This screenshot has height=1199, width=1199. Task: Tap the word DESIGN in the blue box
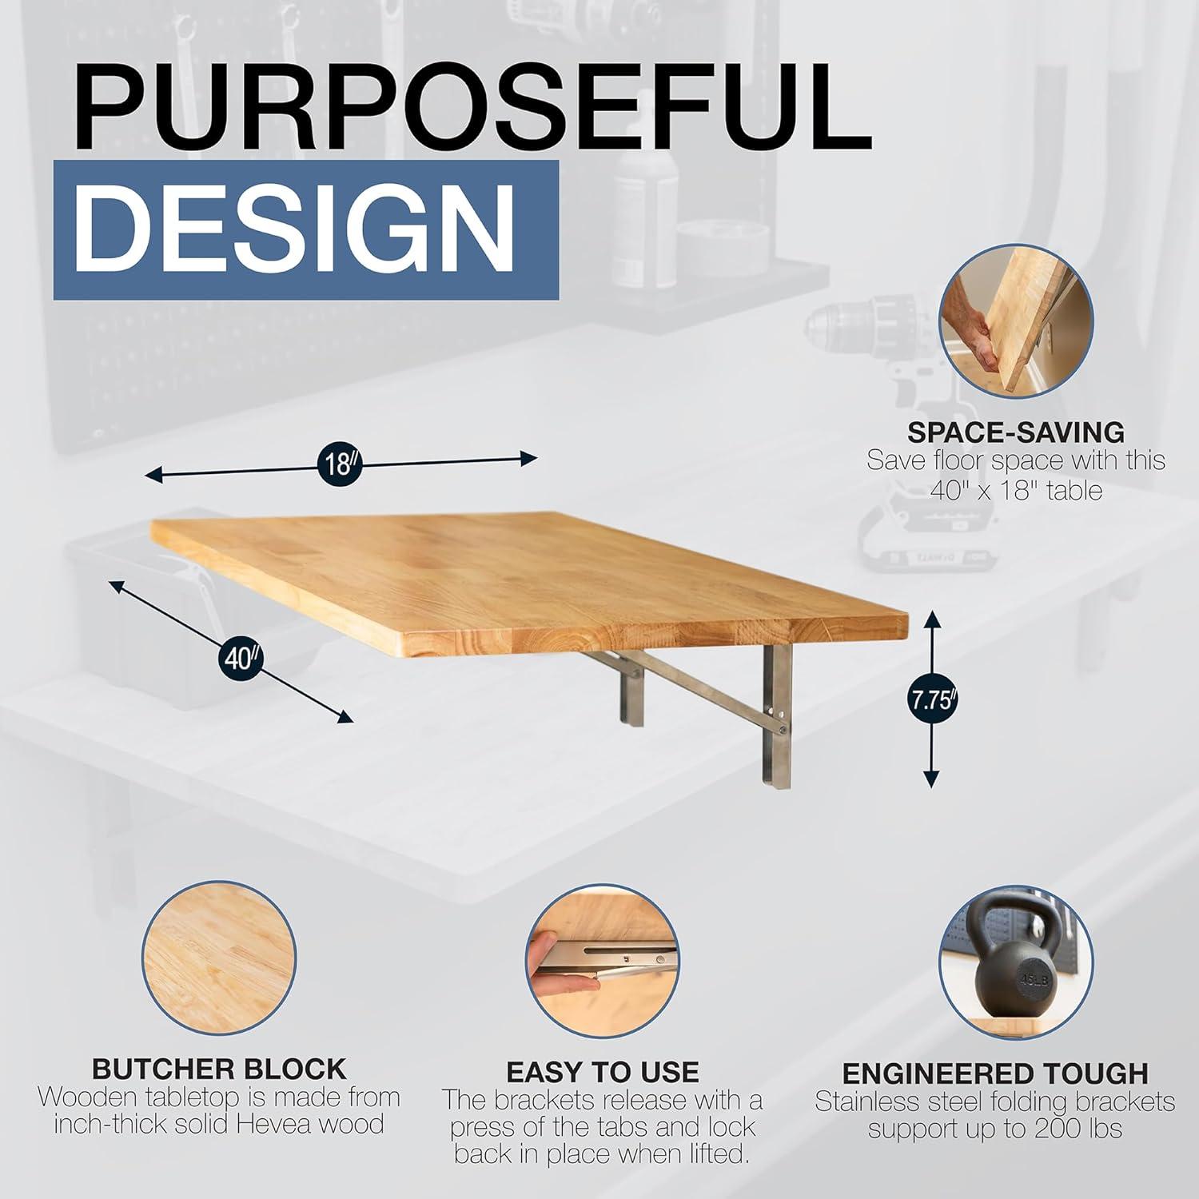coord(301,230)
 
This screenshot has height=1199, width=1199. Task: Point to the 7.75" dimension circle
coord(932,700)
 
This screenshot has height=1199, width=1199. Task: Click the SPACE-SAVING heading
coord(1016,432)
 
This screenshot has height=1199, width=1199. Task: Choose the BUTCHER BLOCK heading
coord(219,1069)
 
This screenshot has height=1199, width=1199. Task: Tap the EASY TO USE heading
coord(603,1072)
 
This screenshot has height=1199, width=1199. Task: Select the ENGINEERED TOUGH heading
coord(995,1073)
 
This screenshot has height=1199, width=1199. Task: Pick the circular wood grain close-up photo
coord(219,956)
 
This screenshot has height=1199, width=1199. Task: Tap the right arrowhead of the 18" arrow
coord(528,458)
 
